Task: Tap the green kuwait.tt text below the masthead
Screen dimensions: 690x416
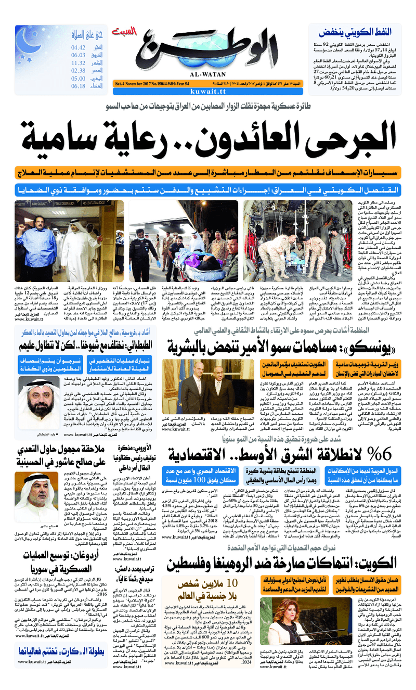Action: (210, 91)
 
